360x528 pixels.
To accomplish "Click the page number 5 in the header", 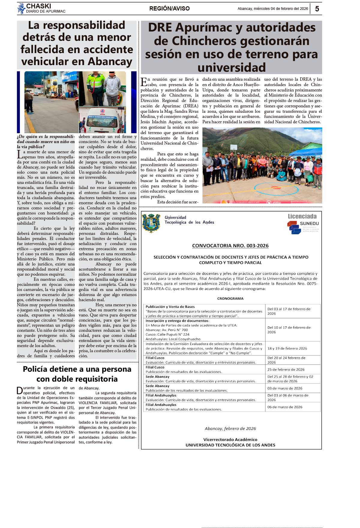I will (317, 9).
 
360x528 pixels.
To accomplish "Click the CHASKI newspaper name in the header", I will (38, 6).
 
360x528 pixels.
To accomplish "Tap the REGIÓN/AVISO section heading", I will (169, 9).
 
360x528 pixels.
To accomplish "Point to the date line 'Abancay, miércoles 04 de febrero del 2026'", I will (273, 9).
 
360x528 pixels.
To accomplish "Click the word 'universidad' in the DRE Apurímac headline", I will (232, 67).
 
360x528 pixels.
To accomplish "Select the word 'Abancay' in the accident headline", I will (110, 61).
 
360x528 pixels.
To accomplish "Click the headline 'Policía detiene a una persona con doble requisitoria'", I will (77, 374).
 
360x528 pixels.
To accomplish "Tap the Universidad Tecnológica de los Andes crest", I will (151, 223).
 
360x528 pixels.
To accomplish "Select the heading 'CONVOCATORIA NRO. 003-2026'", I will (230, 246).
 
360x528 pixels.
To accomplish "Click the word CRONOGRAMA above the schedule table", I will (230, 298).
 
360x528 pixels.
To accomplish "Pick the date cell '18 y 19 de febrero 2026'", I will (287, 349).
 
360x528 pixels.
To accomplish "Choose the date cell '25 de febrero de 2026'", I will (286, 370).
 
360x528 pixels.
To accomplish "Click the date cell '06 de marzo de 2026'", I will (285, 407).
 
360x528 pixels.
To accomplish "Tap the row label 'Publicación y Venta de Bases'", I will (170, 307).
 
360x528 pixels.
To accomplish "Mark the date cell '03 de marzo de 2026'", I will (285, 388).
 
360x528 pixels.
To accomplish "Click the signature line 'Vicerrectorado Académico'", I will (230, 439).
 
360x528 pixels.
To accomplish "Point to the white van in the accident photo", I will (102, 121).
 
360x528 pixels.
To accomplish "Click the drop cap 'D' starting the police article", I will (20, 390).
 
